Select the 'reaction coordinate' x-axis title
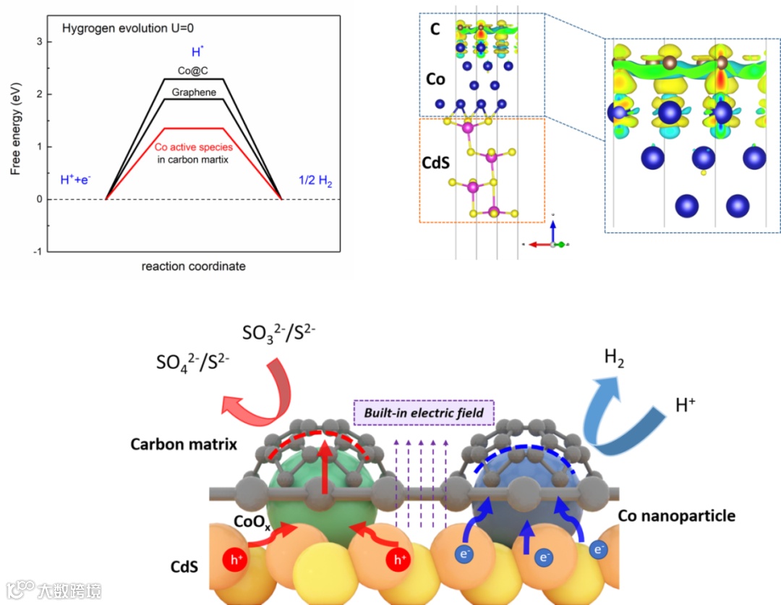194,266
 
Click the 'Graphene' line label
194,93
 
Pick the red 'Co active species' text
194,147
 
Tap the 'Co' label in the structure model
435,79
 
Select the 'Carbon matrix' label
184,444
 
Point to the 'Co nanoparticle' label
677,516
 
